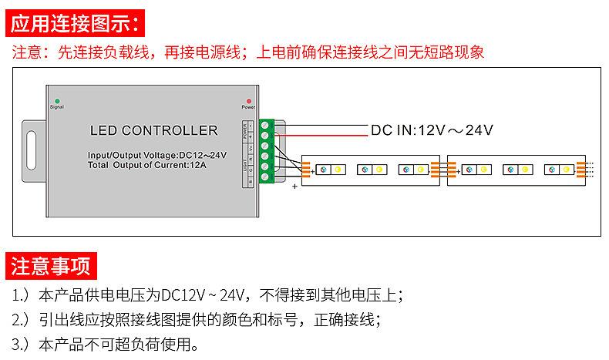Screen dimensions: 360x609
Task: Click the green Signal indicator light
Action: tap(56, 101)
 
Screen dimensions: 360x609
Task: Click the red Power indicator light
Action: tap(248, 101)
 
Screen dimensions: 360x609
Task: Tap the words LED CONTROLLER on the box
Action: tap(153, 130)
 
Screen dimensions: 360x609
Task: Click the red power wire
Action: tap(324, 135)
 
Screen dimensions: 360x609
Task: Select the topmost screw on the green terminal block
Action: tap(266, 124)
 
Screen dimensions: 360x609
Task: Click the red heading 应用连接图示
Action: tap(75, 22)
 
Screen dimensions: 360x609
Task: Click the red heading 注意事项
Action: tap(50, 266)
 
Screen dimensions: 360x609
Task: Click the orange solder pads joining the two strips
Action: tap(442, 169)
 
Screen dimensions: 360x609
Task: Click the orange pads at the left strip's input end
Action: tap(305, 169)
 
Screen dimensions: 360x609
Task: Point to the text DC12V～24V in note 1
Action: tap(203, 294)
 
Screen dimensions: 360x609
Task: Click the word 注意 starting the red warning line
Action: tap(25, 52)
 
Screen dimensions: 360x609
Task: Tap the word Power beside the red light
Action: tap(248, 108)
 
